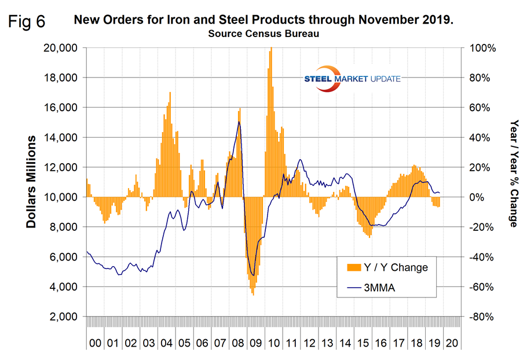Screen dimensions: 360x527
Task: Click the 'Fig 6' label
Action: (x=27, y=23)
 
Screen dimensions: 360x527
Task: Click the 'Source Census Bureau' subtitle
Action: (x=263, y=34)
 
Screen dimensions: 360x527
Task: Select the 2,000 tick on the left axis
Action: (x=64, y=317)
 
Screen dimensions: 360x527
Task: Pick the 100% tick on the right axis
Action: (x=482, y=48)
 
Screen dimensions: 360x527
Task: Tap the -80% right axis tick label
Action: (x=481, y=317)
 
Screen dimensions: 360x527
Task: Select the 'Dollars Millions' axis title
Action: (x=32, y=182)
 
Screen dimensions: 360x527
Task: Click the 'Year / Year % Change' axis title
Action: (x=513, y=174)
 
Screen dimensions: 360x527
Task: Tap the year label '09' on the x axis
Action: (x=254, y=343)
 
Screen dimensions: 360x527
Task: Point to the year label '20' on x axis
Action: (x=451, y=343)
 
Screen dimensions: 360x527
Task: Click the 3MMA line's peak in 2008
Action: (x=239, y=122)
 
